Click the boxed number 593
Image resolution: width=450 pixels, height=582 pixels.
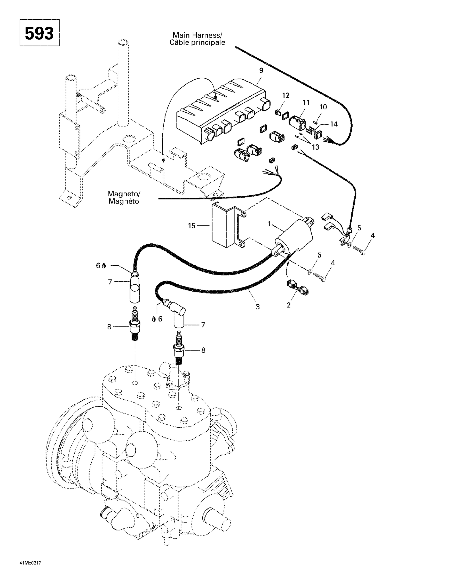coord(39,33)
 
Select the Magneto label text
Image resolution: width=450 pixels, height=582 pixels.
coord(124,197)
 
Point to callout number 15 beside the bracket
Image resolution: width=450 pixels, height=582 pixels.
coord(192,226)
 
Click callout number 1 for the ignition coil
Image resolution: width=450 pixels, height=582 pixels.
coord(269,224)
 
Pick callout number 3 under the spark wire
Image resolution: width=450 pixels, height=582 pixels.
coord(258,307)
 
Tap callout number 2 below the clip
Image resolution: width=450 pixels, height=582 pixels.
coord(288,305)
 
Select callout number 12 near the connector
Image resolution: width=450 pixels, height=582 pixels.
coord(286,95)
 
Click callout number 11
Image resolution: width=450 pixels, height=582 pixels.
coord(306,102)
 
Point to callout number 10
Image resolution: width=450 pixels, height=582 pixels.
coord(323,107)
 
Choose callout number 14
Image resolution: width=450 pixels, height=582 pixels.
coord(334,124)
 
